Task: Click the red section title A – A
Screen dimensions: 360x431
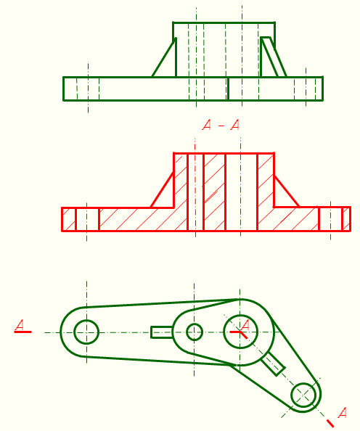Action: tap(221, 125)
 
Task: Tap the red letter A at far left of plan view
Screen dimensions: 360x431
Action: tap(20, 325)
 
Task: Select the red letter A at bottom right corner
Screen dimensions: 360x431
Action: tap(342, 413)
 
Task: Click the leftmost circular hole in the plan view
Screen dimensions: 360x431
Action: tap(86, 332)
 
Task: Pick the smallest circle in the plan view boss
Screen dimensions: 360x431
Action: tap(195, 332)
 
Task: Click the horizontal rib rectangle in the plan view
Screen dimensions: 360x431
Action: tap(162, 332)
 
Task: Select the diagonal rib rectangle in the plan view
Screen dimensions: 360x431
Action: tap(273, 364)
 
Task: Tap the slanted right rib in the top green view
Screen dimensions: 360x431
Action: tap(273, 57)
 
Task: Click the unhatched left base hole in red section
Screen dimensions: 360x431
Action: tap(87, 219)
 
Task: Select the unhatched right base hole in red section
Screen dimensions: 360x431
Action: tap(330, 219)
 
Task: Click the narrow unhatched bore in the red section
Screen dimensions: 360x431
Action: tap(195, 192)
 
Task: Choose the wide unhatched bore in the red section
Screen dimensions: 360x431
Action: tap(241, 192)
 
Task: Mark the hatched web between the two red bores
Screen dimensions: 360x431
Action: tap(215, 192)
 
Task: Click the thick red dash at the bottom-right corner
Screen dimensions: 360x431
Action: tap(330, 423)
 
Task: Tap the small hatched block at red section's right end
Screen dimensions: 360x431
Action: tap(346, 219)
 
